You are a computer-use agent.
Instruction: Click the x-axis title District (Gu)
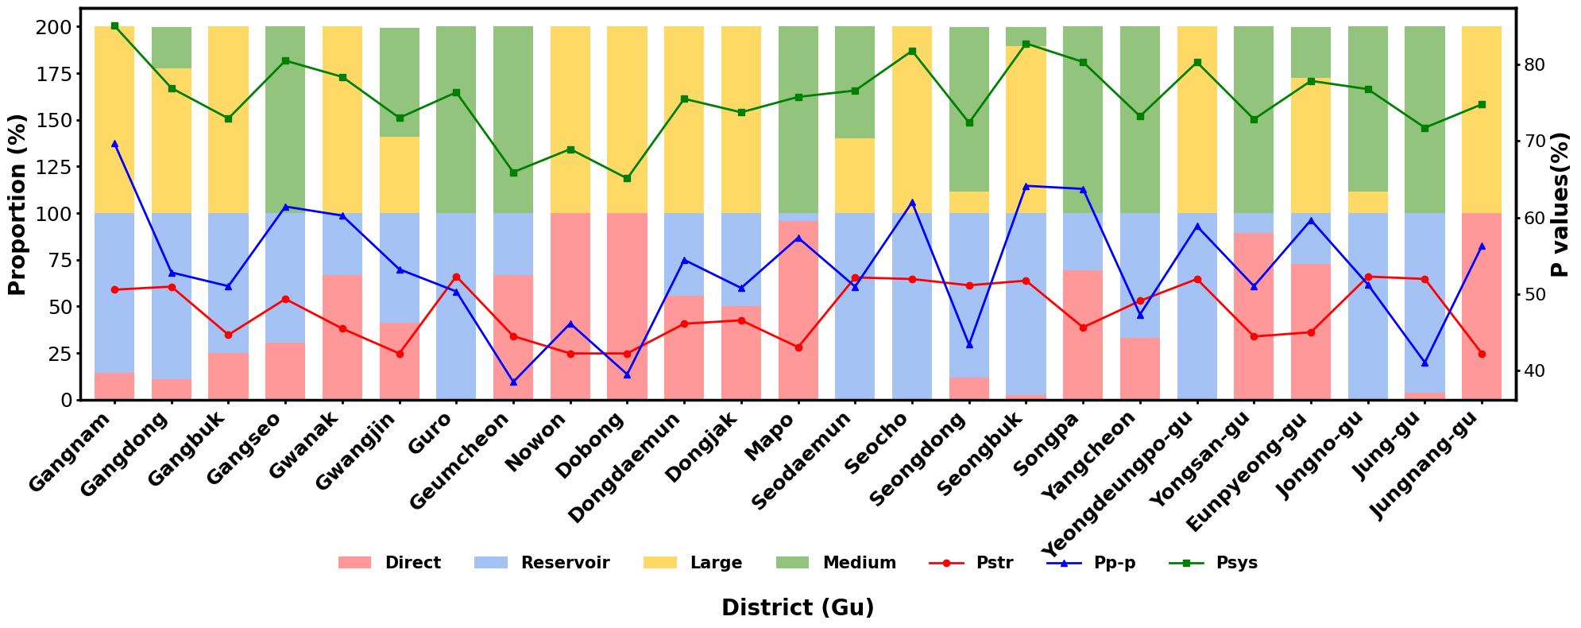click(798, 608)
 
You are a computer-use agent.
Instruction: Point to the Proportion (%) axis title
click(17, 204)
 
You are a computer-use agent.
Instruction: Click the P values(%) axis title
click(1560, 204)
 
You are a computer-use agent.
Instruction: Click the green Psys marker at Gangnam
click(114, 25)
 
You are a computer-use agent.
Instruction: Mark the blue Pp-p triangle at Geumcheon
click(513, 382)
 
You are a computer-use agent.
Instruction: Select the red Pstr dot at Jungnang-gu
click(1481, 354)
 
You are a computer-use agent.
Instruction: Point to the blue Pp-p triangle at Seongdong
click(968, 344)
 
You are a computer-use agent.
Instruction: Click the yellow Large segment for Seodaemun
click(855, 176)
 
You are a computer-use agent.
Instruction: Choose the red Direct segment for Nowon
click(570, 306)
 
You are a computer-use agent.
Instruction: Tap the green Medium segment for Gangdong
click(172, 48)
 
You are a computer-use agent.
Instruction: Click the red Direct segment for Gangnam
click(114, 386)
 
